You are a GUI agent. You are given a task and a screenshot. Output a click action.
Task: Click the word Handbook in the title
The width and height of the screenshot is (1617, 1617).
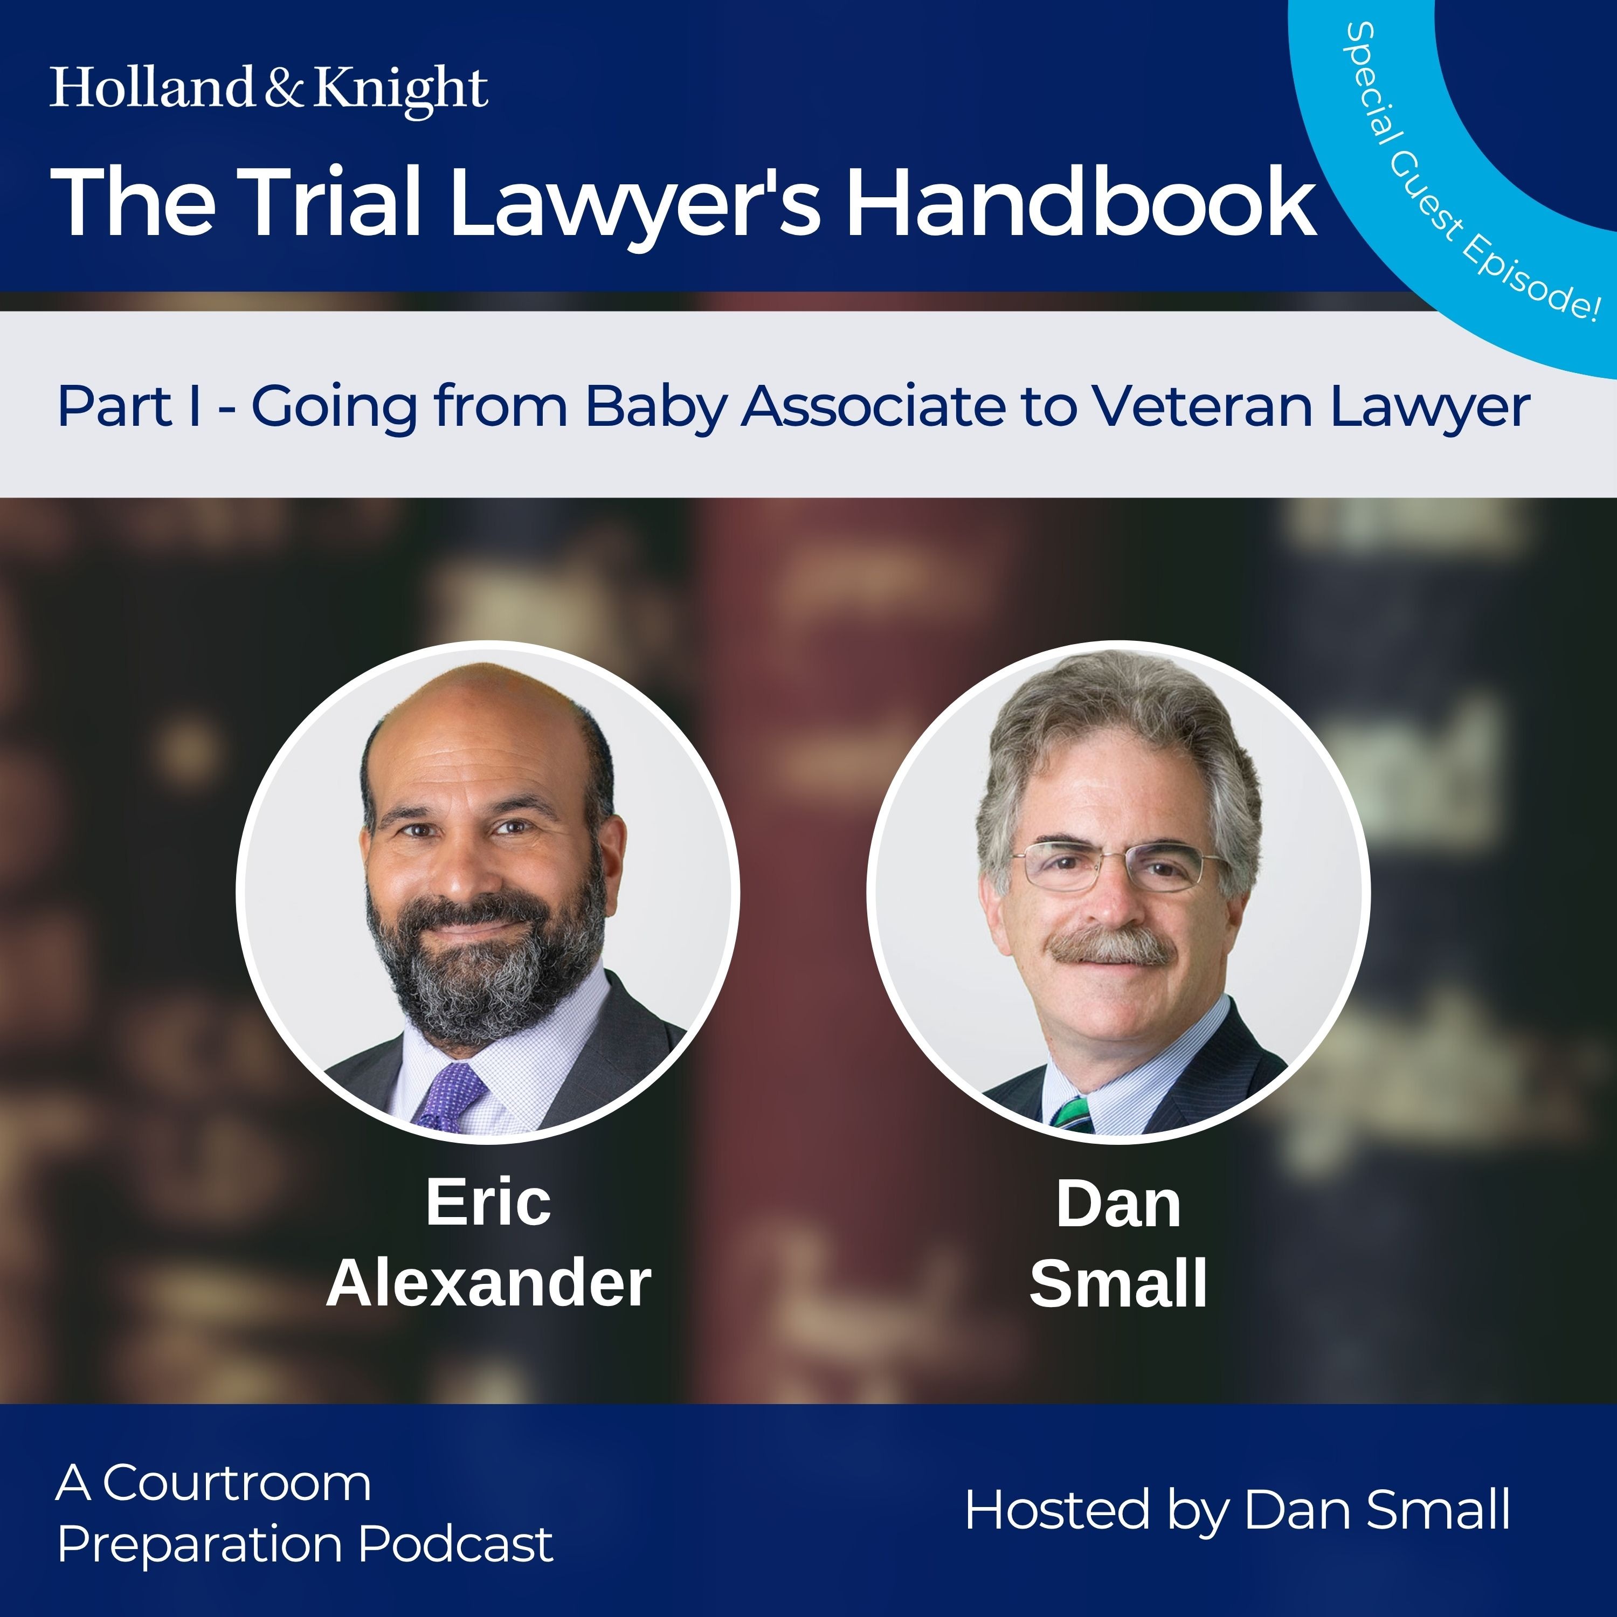point(1081,202)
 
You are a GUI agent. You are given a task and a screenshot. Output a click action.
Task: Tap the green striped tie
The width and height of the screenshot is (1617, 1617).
point(1072,1111)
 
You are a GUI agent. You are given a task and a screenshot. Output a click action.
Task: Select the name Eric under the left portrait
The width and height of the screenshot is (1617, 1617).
point(489,1202)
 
